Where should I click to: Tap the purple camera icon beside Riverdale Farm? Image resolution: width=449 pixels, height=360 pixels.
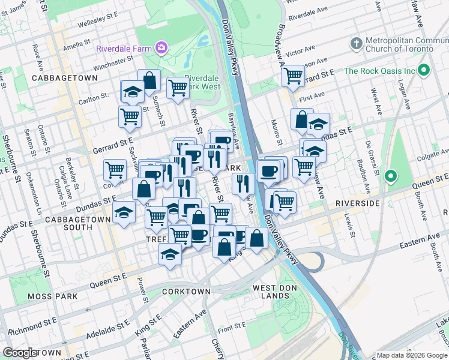pyautogui.click(x=161, y=47)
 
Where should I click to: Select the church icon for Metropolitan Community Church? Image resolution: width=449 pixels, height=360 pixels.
pyautogui.click(x=357, y=43)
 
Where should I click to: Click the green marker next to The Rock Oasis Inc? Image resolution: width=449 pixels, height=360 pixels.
pyautogui.click(x=424, y=70)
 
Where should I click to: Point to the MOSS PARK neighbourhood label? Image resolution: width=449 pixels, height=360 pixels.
pyautogui.click(x=52, y=296)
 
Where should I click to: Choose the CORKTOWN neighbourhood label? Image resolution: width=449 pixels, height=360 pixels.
pyautogui.click(x=186, y=292)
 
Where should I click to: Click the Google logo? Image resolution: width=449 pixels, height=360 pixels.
pyautogui.click(x=20, y=353)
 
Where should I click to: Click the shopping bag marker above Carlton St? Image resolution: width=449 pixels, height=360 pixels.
pyautogui.click(x=149, y=81)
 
